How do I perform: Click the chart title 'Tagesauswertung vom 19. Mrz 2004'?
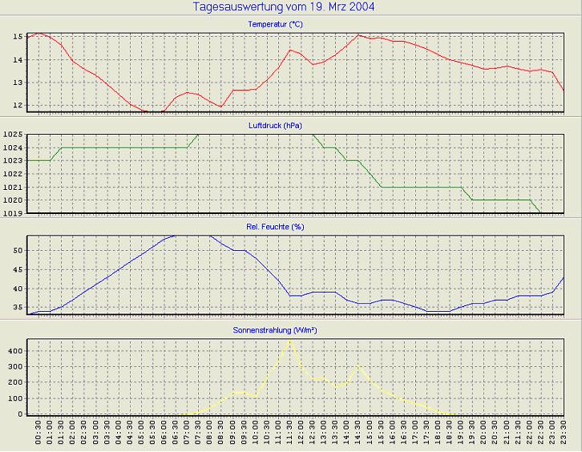(x=284, y=6)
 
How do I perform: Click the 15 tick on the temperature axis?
(x=18, y=37)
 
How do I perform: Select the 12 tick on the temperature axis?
(x=18, y=105)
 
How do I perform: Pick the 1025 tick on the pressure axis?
(x=13, y=135)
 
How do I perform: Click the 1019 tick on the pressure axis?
(x=13, y=213)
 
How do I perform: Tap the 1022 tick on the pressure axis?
(x=13, y=174)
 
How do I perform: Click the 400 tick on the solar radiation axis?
(x=14, y=351)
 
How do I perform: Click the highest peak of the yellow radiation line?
(x=289, y=341)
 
